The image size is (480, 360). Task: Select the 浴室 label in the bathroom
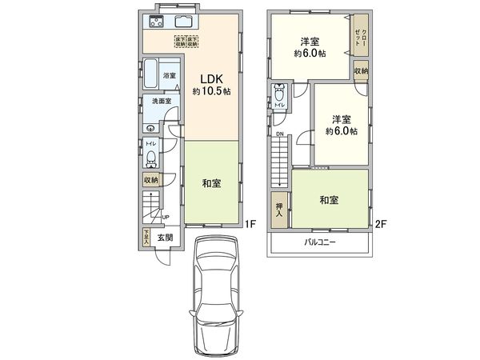pos(169,76)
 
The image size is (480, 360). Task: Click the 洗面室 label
pos(162,102)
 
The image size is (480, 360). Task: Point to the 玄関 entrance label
pos(165,238)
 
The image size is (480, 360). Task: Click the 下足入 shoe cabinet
pos(147,237)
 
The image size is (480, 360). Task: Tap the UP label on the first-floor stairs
pos(166,217)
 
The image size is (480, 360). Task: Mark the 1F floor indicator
pos(249,225)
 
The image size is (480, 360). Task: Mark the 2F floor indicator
pos(380,225)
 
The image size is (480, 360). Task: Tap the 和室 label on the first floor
pos(211,183)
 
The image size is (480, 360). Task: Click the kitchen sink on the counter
pos(182,22)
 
